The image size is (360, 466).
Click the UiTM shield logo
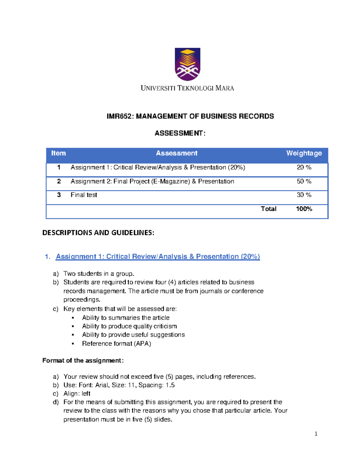click(187, 64)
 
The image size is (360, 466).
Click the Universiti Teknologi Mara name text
click(187, 88)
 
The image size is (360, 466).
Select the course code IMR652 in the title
click(119, 116)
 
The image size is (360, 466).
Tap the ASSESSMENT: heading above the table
click(180, 133)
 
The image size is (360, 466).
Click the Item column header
click(58, 153)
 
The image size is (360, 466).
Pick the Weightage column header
click(304, 153)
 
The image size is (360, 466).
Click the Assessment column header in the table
click(176, 153)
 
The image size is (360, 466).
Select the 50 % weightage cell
click(304, 182)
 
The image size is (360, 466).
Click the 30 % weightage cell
click(304, 195)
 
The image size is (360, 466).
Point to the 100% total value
click(304, 209)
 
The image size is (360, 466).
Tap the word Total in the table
click(268, 209)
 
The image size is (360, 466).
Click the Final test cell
click(84, 195)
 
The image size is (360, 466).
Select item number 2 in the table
click(59, 182)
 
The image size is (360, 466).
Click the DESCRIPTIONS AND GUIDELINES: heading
click(98, 233)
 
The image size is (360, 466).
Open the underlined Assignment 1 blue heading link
click(158, 257)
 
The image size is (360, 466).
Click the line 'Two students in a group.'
click(99, 274)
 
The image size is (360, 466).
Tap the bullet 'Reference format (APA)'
click(116, 344)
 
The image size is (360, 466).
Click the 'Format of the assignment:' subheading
click(83, 360)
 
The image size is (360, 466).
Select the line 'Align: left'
click(77, 394)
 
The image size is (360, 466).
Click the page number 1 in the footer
click(316, 434)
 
